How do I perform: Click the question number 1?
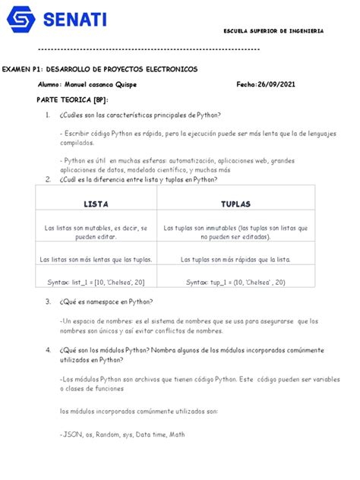(x=47, y=115)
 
